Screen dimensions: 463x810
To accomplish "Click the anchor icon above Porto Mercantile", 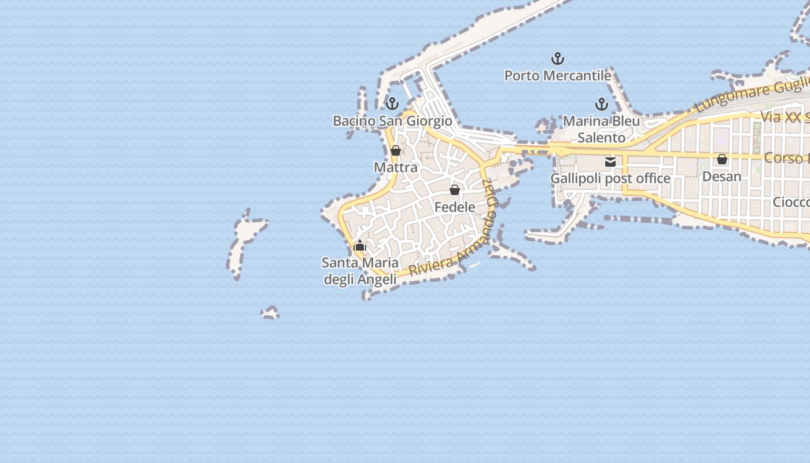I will pos(558,58).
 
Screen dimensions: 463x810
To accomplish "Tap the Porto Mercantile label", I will pos(558,75).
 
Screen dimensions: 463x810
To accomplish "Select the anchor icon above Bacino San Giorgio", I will pos(392,104).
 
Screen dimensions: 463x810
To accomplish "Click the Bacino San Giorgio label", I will pos(392,121).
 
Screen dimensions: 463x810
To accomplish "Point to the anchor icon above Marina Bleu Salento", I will pos(602,104).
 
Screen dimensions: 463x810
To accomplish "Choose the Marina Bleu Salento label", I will pos(602,129).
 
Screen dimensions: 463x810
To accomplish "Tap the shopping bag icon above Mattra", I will pos(396,150).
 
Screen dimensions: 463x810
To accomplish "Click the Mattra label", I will pos(396,167).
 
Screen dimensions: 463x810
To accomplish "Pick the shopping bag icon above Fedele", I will pos(455,190).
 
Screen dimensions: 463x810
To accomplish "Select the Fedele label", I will pos(455,207).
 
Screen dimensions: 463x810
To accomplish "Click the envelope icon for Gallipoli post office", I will pos(610,162).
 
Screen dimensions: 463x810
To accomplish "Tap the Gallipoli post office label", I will pos(610,178).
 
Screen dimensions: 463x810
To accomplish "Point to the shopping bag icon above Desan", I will pos(722,159).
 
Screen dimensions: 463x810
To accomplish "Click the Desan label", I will pos(721,176).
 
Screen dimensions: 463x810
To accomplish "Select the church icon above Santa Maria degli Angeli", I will pos(360,245).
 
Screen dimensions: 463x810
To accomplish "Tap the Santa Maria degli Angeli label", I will pos(360,271).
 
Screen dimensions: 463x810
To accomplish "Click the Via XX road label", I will pos(784,117).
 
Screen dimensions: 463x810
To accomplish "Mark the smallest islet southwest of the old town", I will pos(270,313).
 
